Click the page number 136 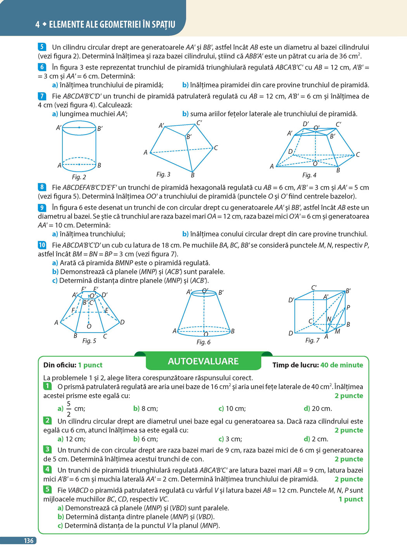28,540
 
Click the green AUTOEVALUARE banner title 203,361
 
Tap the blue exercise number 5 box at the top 42,47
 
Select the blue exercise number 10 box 42,245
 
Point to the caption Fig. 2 79,177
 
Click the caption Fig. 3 163,174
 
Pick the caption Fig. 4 309,175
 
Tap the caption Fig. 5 89,341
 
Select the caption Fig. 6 203,342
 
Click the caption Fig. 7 312,340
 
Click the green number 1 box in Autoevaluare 47,386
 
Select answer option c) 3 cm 230,439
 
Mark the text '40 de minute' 341,365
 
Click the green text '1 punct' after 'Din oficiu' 90,365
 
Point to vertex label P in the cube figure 348,307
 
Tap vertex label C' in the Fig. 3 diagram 199,123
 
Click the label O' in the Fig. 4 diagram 316,127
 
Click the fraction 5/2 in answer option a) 69,409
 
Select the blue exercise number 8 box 42,187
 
